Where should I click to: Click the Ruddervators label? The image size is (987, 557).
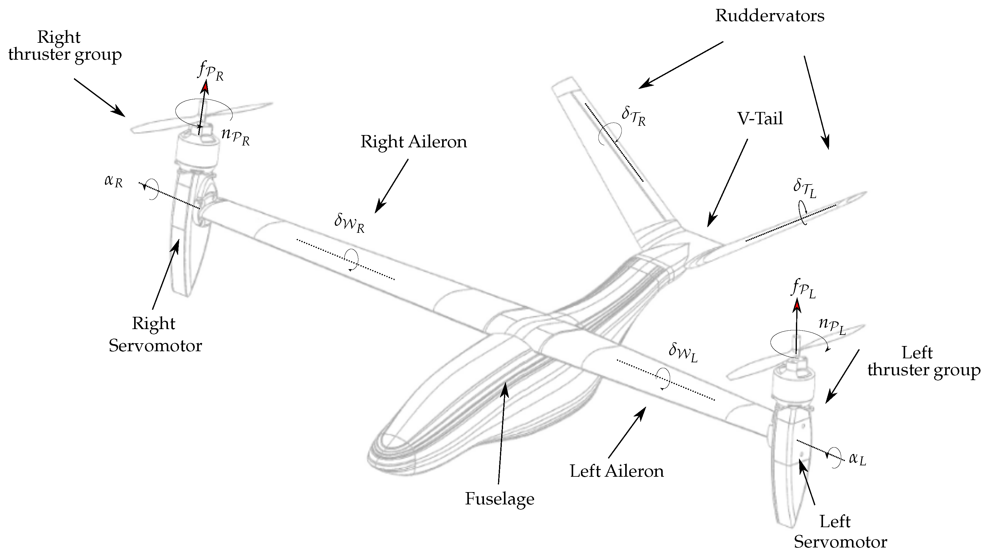point(769,16)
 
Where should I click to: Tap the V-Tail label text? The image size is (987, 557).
point(760,119)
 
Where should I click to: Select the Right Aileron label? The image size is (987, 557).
point(414,142)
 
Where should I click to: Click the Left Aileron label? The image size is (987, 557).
point(617,471)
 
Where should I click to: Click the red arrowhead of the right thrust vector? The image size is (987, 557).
point(206,88)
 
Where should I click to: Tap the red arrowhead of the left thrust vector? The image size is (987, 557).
point(797,305)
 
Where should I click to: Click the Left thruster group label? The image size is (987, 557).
point(923,362)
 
